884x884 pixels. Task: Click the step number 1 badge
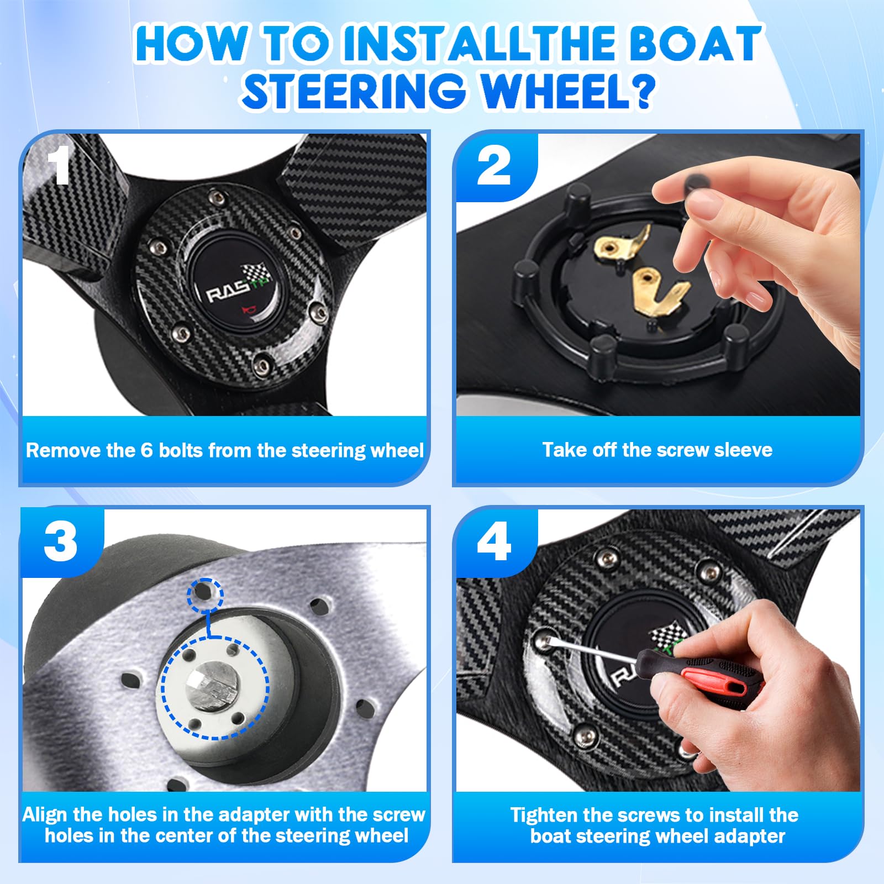point(57,165)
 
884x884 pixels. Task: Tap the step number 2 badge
point(494,167)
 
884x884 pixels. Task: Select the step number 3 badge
point(61,542)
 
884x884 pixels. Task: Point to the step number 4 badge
point(494,542)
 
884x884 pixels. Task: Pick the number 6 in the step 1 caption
point(146,450)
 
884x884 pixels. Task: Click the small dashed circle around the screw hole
point(206,595)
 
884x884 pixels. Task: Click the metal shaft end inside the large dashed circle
point(211,688)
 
